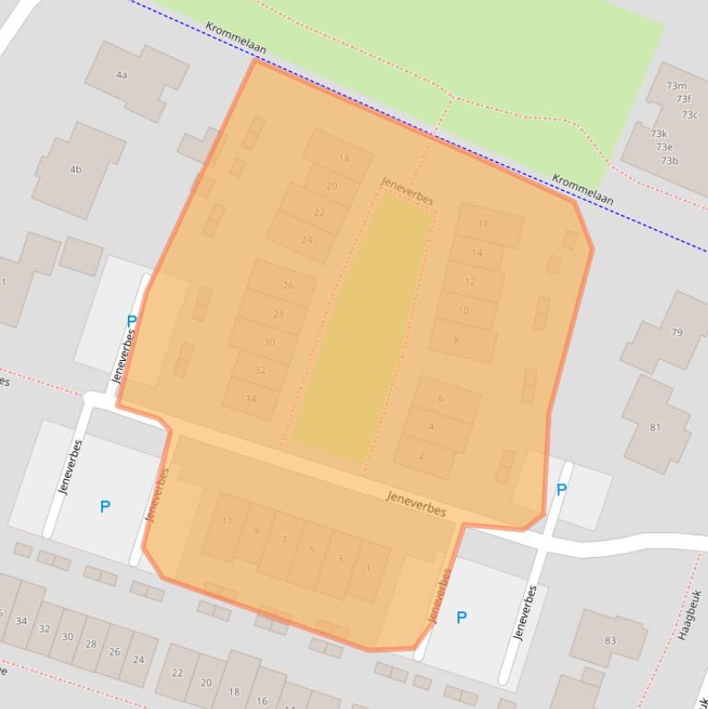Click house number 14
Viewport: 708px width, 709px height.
pos(477,252)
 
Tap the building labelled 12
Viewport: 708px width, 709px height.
pos(470,282)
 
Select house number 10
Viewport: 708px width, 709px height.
pos(463,311)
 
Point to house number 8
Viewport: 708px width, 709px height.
pos(456,341)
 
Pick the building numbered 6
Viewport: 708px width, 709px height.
pos(440,399)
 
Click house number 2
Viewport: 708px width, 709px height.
pos(422,456)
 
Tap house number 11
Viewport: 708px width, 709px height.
pos(227,521)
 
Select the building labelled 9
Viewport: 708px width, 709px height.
pos(256,531)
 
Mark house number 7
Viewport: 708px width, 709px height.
pos(284,540)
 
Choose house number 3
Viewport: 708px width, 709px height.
pos(340,559)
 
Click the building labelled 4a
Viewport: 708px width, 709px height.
pos(122,75)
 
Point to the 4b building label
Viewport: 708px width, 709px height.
pos(75,169)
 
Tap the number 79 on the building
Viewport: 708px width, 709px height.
pos(678,332)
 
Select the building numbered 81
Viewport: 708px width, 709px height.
pos(656,427)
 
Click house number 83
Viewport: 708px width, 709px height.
pos(610,640)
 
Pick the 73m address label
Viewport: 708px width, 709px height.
pos(676,87)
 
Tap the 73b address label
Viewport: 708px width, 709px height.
pos(668,161)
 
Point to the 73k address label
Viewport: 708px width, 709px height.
pos(659,134)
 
